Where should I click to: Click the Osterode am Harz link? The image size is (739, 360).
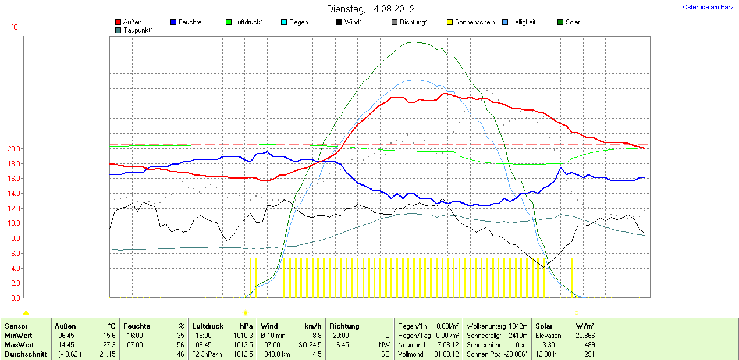point(708,7)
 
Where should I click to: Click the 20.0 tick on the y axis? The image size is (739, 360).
point(13,149)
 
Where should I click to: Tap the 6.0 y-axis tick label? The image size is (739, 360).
point(15,253)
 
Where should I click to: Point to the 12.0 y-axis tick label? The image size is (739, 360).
point(13,208)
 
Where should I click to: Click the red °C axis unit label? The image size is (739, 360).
point(15,27)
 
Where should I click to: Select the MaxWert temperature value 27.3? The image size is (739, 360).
point(109,345)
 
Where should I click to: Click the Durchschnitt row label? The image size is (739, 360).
point(26,354)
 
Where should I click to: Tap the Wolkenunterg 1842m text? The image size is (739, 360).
point(497,326)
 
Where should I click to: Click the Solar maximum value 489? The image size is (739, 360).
point(588,345)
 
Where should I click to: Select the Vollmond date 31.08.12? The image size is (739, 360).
point(446,354)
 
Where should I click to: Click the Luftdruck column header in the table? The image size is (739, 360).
point(208,326)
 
